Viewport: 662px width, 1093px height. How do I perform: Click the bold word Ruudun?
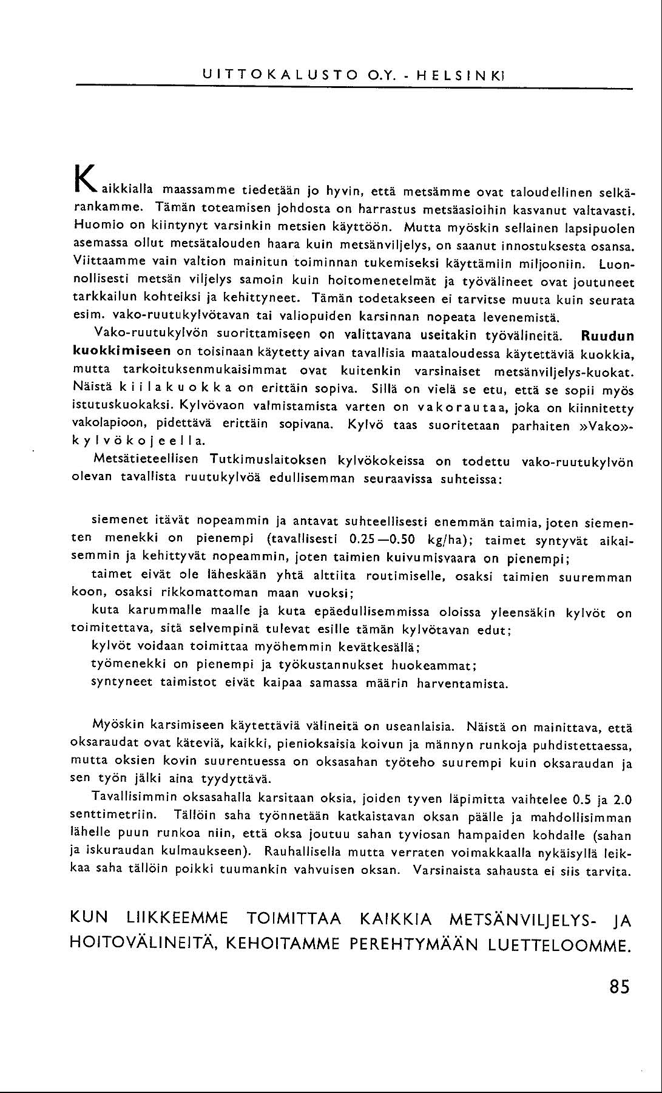tap(607, 336)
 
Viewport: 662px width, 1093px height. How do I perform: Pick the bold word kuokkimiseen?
tap(121, 352)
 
